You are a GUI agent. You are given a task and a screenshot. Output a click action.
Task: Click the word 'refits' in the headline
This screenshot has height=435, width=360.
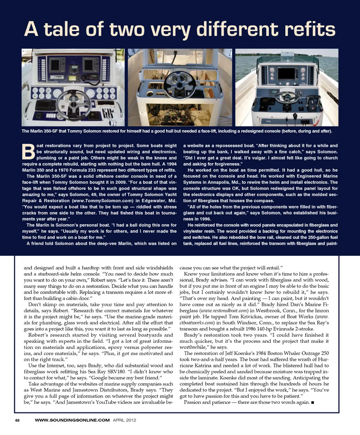tap(303, 29)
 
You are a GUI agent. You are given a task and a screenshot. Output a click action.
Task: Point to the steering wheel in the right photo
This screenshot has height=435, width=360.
tap(287, 97)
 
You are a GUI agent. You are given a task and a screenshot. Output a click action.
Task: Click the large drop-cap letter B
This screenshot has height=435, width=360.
tap(28, 151)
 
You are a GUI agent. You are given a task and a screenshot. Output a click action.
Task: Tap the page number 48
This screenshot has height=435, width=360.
tap(17, 420)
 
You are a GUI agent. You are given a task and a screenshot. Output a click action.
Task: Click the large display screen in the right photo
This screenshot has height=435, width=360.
tap(286, 73)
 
